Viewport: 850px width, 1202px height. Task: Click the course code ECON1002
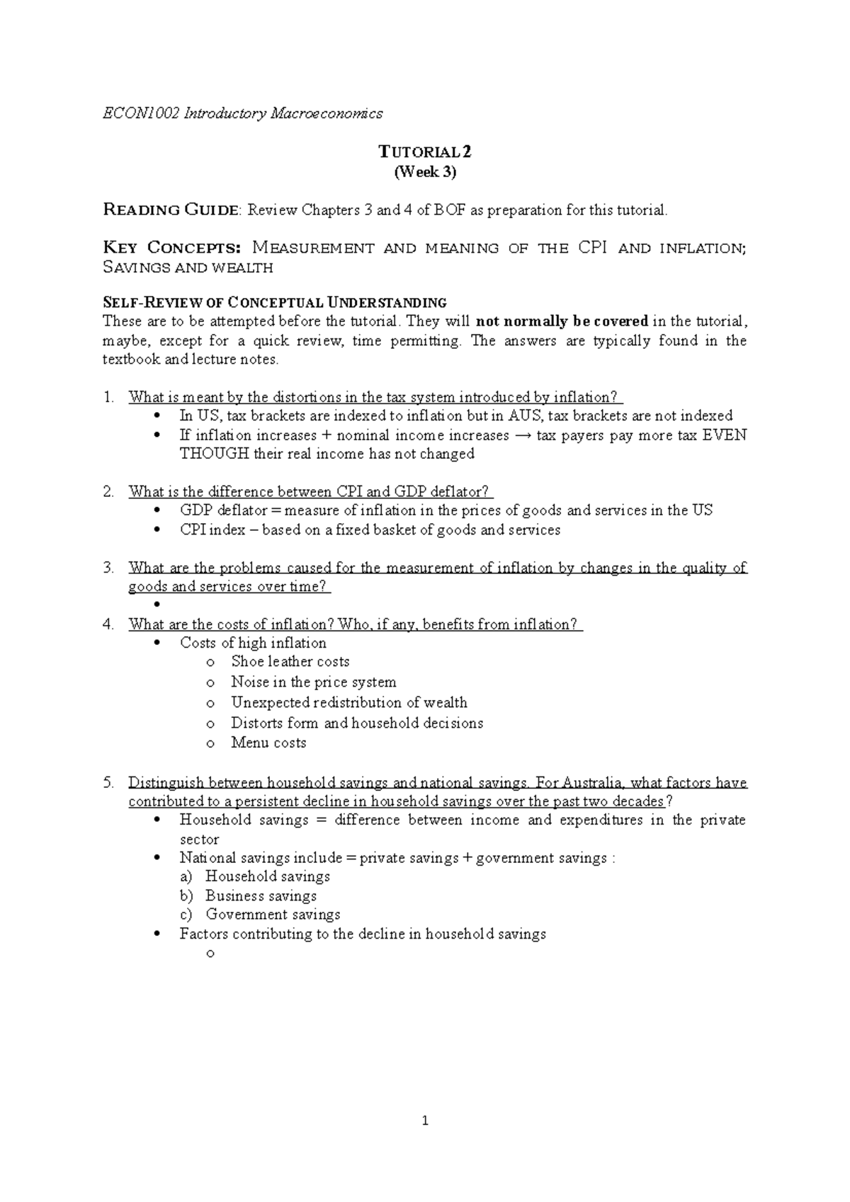pos(141,113)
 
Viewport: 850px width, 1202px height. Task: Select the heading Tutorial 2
pos(424,151)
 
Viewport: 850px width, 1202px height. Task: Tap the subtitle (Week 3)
pos(425,171)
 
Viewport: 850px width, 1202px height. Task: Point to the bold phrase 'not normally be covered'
pos(562,321)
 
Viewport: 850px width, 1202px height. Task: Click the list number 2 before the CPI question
pos(108,492)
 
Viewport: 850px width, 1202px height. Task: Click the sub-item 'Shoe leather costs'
pos(290,662)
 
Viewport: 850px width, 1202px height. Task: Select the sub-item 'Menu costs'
pos(268,743)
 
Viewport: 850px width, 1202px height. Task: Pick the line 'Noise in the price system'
pos(313,682)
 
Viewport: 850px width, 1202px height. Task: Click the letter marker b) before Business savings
pos(186,896)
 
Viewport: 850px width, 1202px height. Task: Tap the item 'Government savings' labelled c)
pos(273,915)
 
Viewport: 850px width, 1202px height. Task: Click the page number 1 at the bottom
pos(424,1121)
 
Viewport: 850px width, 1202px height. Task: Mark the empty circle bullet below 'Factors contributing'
pos(209,954)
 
